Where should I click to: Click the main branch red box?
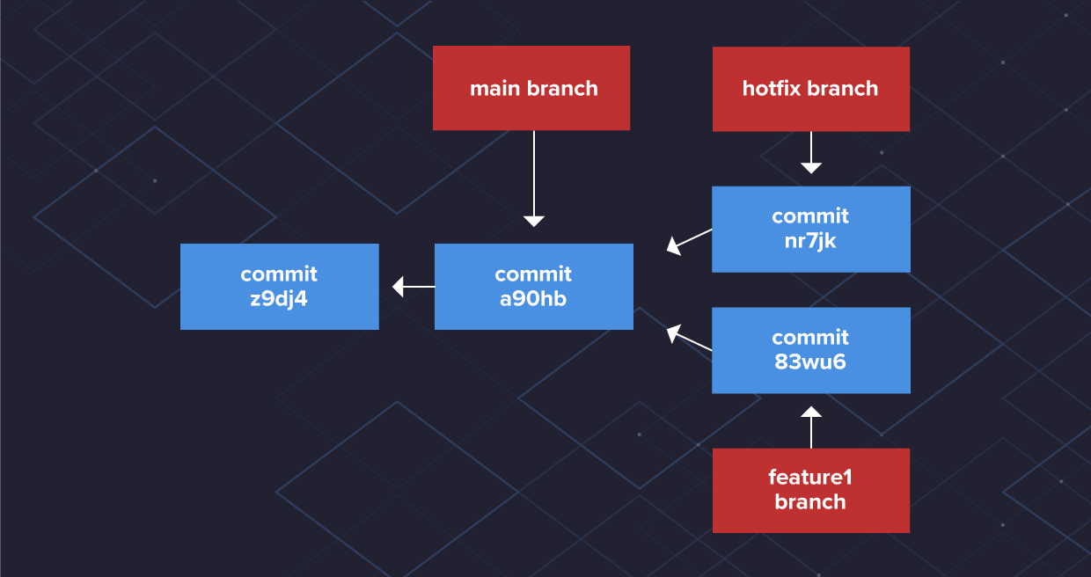531,88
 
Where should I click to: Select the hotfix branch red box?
810,89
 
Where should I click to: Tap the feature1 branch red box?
810,490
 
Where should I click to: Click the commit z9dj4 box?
279,287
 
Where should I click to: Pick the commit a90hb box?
533,287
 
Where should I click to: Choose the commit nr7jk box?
810,229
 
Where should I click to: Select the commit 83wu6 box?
810,350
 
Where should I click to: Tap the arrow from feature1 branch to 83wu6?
811,427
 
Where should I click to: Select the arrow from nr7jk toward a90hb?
689,240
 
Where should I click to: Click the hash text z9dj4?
279,299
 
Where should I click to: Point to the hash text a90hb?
533,299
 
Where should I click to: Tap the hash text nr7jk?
810,241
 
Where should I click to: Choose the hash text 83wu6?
810,362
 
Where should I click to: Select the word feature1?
810,478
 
